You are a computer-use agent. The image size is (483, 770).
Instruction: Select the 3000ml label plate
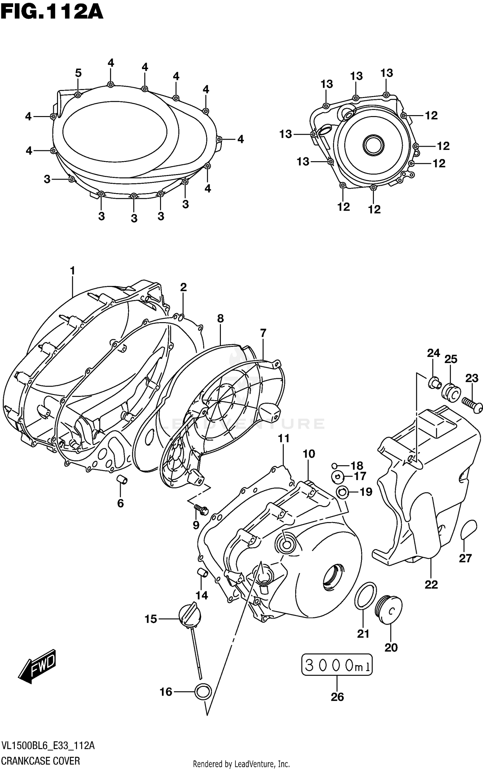point(336,665)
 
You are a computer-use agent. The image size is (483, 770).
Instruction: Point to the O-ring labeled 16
point(203,691)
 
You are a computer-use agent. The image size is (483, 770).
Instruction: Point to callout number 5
point(78,73)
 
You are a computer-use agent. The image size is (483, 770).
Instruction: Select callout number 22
point(431,584)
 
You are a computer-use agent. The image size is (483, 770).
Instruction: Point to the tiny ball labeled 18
point(335,465)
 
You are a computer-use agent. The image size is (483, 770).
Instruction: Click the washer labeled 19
point(342,492)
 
